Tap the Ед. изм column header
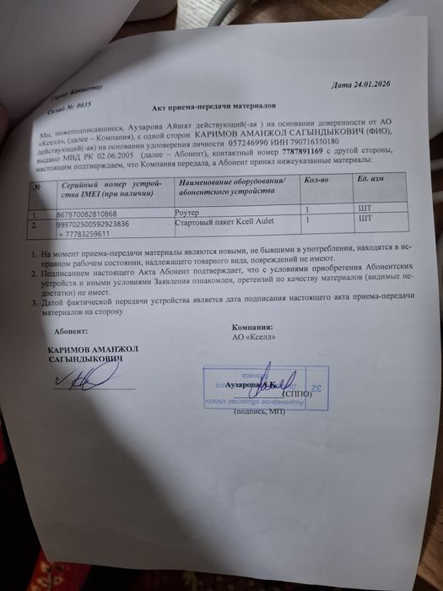coord(374,180)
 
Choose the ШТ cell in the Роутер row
coord(365,205)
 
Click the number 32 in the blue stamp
coord(319,388)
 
